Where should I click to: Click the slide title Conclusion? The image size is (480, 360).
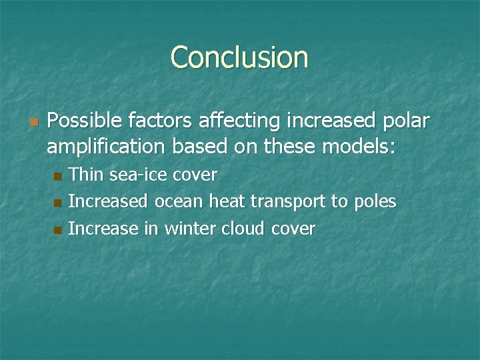pyautogui.click(x=239, y=57)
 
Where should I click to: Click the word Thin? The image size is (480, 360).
pyautogui.click(x=86, y=175)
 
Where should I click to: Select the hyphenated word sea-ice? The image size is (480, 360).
pyautogui.click(x=138, y=175)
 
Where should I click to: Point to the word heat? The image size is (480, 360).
pyautogui.click(x=228, y=201)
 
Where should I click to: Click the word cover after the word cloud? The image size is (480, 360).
pyautogui.click(x=293, y=228)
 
